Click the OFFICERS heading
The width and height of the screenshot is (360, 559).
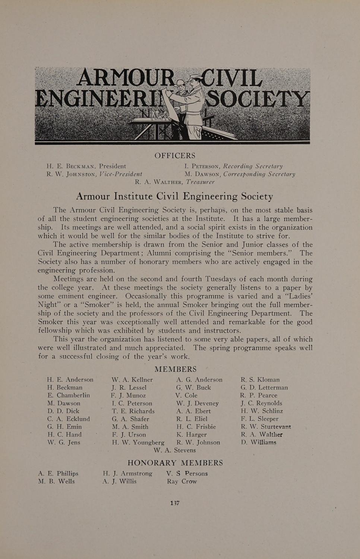[175, 155]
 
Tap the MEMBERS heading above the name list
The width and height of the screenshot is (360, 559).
[175, 369]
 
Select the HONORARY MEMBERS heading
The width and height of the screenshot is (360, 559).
[175, 463]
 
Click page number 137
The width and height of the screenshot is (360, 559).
[175, 503]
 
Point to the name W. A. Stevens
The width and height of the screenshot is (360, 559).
[174, 450]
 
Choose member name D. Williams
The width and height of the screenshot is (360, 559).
[259, 442]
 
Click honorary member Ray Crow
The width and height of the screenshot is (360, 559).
[182, 481]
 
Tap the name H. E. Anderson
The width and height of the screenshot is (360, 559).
[70, 380]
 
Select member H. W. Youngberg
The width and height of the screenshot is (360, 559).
[138, 443]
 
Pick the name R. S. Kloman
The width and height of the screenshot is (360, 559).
[260, 380]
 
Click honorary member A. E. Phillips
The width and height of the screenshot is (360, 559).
[58, 474]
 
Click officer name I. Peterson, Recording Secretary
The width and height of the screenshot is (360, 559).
[233, 166]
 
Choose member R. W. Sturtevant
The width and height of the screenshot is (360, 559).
[266, 427]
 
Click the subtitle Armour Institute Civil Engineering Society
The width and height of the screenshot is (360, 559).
[174, 196]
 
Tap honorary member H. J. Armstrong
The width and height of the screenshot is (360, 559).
[127, 474]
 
